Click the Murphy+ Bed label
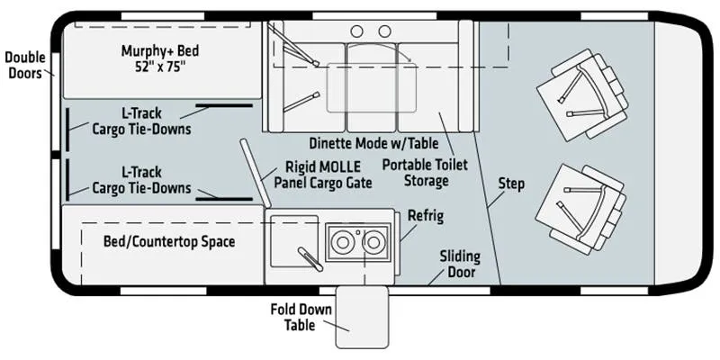160,58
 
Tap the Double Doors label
25,65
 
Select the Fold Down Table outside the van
362,318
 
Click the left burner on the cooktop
343,242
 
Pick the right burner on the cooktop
373,242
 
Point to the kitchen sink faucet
310,259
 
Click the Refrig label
426,216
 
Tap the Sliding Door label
461,264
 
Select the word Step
511,184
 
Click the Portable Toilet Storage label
425,172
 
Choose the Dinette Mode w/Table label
373,143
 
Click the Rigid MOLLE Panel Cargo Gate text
323,175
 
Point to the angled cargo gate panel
255,173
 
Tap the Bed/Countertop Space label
169,242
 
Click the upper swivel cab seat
582,94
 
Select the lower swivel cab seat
581,210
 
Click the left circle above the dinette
356,31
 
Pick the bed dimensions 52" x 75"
160,66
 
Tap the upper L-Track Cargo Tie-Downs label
141,121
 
